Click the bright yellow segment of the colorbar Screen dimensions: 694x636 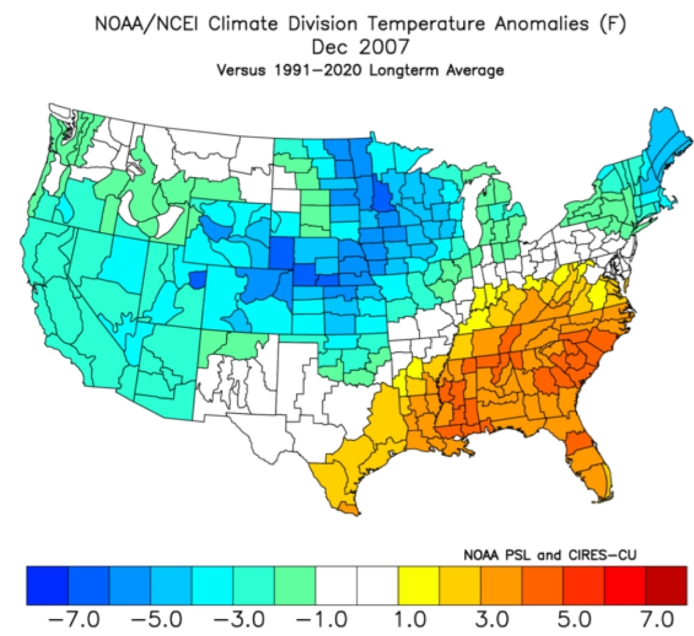tap(419, 585)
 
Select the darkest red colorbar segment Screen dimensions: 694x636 tap(666, 585)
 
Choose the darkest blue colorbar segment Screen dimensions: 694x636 tap(48, 585)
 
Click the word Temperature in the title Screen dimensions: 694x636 tap(426, 24)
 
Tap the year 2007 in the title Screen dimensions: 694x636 tap(384, 47)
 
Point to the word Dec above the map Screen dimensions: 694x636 tap(329, 47)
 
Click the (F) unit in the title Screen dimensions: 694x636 tap(612, 24)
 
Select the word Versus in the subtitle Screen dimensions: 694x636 tap(241, 71)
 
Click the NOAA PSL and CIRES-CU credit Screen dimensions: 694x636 tap(549, 554)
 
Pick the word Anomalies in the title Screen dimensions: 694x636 tap(541, 24)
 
